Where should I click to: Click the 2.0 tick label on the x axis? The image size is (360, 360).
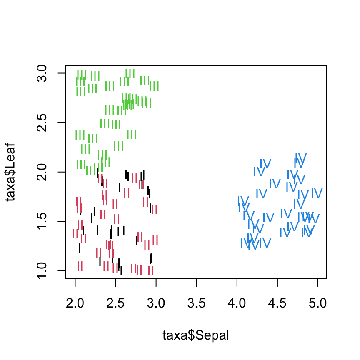click(x=75, y=302)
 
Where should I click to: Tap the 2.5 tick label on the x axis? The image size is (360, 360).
click(x=115, y=302)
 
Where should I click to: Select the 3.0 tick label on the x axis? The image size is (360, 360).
click(x=156, y=302)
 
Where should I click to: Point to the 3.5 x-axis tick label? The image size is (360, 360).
click(x=196, y=302)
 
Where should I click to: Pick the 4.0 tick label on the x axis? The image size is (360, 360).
click(x=237, y=302)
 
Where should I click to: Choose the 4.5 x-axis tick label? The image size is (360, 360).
click(x=277, y=302)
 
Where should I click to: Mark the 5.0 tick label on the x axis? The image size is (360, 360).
click(x=317, y=302)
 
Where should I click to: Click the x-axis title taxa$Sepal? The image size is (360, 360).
click(x=196, y=335)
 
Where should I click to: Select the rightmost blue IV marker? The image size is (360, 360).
click(x=317, y=193)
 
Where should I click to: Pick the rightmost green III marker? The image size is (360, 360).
click(x=154, y=86)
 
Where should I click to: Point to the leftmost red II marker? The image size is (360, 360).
click(x=75, y=233)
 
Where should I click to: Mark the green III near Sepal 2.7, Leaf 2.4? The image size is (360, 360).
click(x=132, y=134)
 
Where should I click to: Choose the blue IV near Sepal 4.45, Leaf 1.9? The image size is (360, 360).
click(x=275, y=183)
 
